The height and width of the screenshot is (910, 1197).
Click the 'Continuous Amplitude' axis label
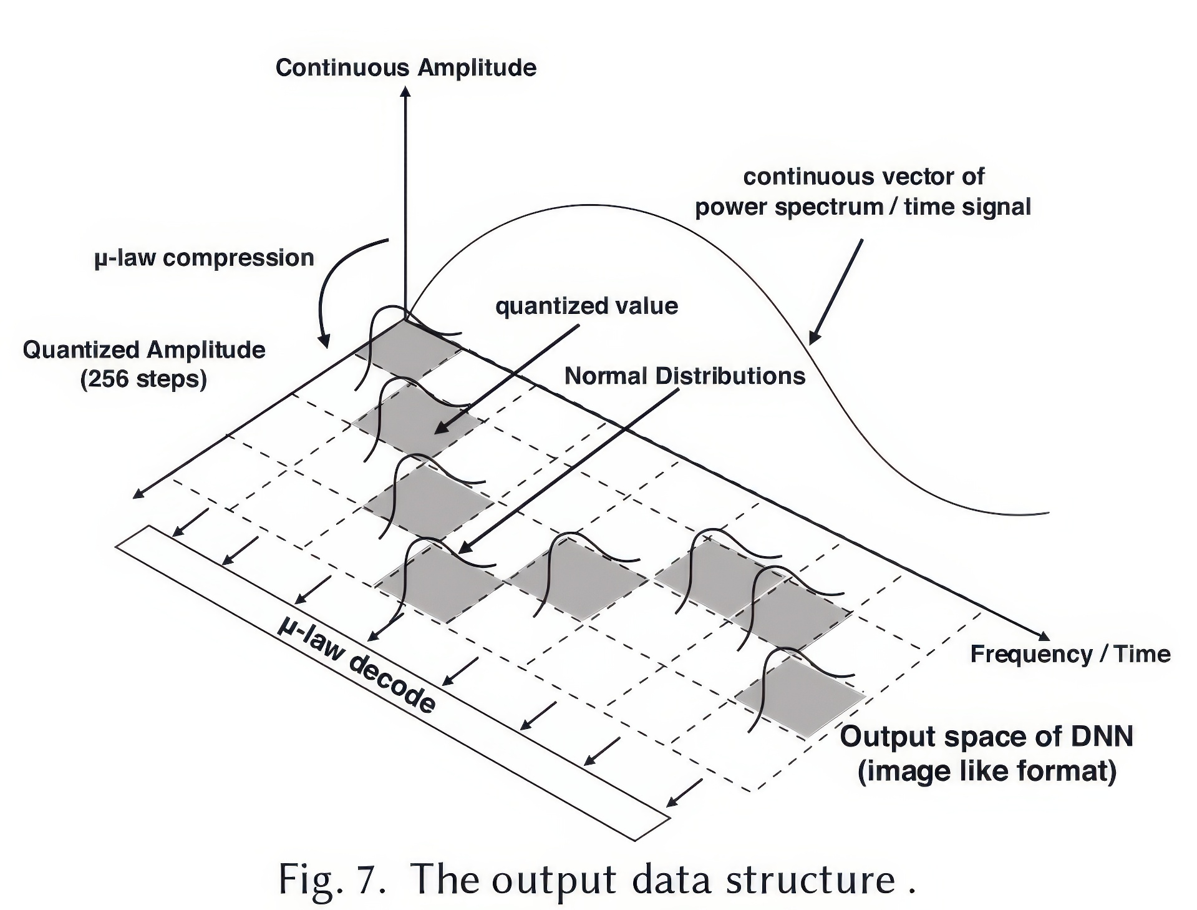405,67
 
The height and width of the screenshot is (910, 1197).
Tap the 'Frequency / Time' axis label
1070,653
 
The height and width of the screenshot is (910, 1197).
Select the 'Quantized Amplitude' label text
144,350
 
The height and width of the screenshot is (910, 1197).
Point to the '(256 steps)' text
143,378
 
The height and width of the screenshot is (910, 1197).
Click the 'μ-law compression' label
204,258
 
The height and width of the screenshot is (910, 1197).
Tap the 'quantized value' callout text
586,306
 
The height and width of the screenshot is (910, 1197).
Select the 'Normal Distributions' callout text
684,376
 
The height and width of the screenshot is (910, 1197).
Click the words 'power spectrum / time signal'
863,207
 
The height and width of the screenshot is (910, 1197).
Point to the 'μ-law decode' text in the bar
356,665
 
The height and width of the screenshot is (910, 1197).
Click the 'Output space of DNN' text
986,736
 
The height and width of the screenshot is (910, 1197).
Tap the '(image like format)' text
986,771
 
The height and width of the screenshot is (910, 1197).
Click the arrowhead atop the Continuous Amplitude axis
405,91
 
